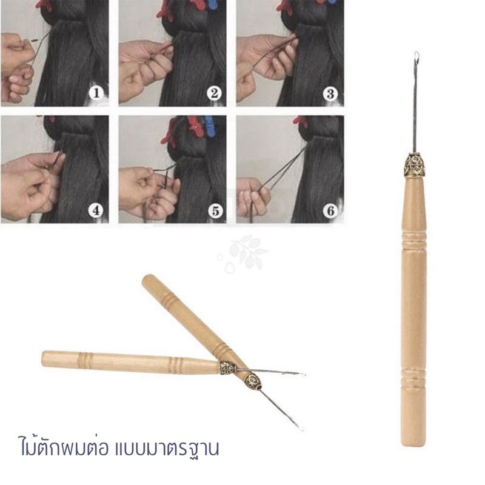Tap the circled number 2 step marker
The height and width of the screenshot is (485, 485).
[x=213, y=93]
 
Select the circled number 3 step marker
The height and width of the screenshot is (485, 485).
[x=330, y=93]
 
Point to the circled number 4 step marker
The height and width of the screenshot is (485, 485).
[x=95, y=212]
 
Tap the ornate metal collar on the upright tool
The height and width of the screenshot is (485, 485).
[x=415, y=164]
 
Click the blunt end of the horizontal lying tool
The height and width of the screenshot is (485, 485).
[x=45, y=359]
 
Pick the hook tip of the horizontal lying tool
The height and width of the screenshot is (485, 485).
[x=302, y=373]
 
